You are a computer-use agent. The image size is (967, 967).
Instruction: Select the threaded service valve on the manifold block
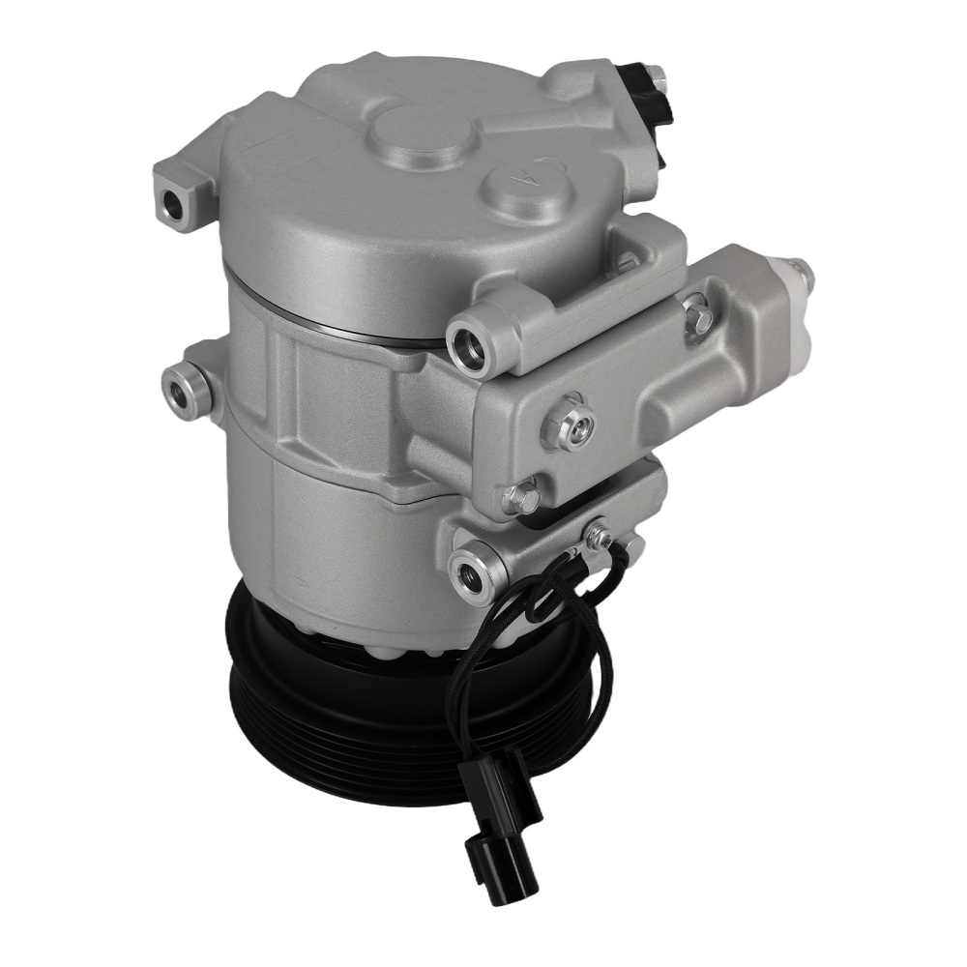(x=570, y=425)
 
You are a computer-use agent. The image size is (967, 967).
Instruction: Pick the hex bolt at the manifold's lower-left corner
(x=522, y=499)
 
